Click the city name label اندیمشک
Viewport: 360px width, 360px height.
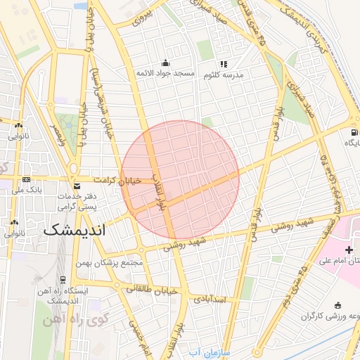point(74,230)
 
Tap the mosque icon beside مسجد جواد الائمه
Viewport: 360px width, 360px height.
point(165,63)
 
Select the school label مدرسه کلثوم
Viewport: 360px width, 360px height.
point(230,75)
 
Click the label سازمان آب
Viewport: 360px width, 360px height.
point(205,352)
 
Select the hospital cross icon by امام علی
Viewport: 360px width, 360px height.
point(349,250)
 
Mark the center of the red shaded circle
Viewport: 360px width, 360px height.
point(180,180)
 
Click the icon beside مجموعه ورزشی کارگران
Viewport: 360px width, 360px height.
point(338,305)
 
